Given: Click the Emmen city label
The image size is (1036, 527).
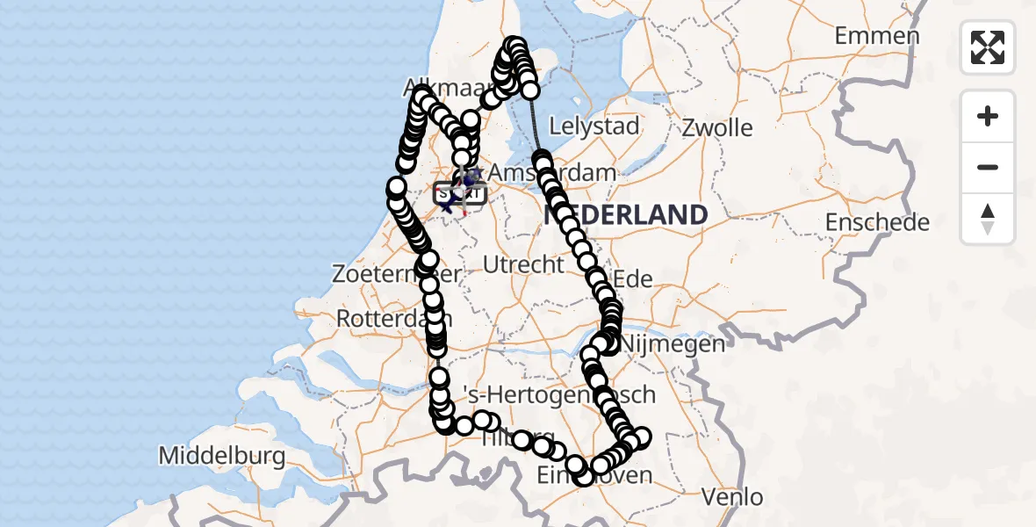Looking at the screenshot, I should [x=877, y=37].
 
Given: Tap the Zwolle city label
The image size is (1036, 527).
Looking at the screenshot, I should [x=718, y=128].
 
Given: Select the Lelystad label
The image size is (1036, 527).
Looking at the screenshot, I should [x=594, y=126].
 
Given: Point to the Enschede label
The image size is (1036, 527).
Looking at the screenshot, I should [x=877, y=222].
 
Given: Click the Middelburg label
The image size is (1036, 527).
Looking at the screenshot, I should [x=222, y=456].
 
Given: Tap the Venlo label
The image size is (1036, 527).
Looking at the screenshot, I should [x=733, y=497].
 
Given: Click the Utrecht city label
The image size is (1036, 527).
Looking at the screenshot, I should [x=523, y=263].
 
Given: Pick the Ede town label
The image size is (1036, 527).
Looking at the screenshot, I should [x=633, y=279].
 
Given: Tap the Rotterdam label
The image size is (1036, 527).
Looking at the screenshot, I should [x=386, y=317].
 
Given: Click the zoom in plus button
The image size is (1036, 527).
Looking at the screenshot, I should [x=988, y=117].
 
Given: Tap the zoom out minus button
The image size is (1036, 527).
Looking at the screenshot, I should [x=988, y=167].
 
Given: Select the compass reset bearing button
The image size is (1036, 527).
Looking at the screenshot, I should [x=988, y=219].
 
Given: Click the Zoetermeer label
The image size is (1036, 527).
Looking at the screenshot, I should [x=378, y=274].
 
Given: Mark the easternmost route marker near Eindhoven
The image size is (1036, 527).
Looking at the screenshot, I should [x=642, y=437].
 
